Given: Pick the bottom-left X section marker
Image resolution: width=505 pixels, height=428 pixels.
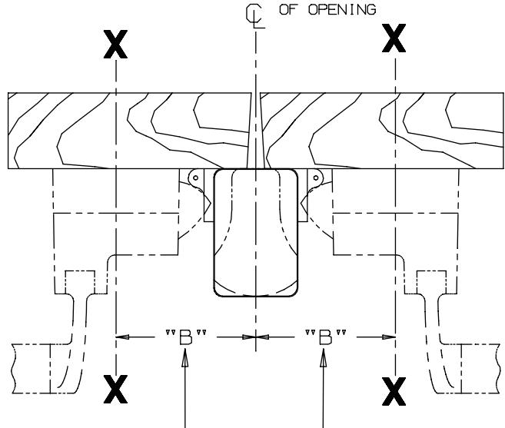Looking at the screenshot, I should [115, 391].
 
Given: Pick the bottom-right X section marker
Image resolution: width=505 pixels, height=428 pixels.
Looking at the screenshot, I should [395, 391].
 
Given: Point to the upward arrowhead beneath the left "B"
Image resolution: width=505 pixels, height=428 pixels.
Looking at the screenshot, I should [184, 358].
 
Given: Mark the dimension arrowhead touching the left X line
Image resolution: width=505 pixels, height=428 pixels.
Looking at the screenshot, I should [122, 337].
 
